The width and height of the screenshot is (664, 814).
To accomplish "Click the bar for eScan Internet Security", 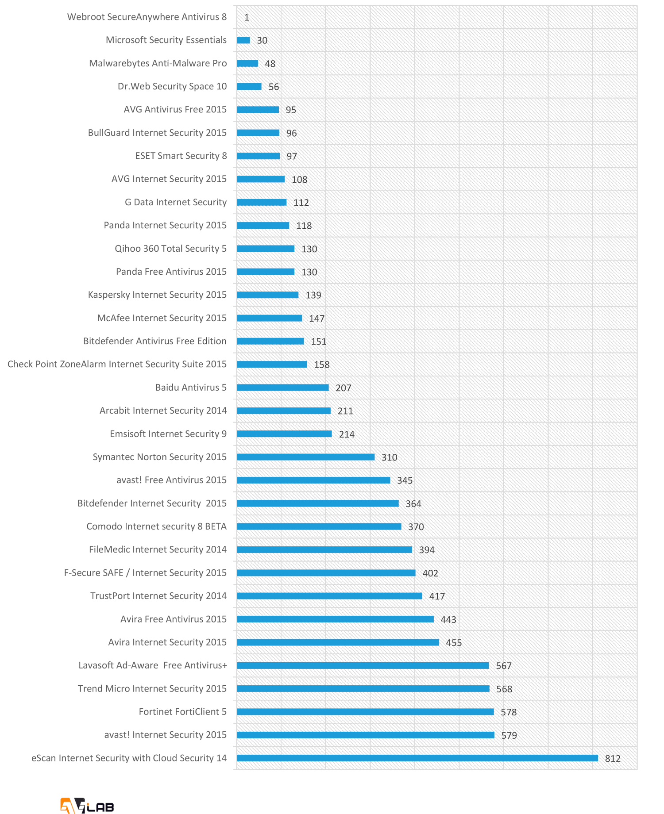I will coord(417,758).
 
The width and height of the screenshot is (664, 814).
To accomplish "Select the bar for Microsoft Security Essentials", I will coord(243,40).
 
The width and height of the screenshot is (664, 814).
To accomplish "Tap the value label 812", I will coord(613,758).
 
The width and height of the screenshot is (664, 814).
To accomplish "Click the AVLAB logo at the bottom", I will coord(87,805).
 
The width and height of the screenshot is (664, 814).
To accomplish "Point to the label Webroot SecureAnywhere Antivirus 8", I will coord(147,17).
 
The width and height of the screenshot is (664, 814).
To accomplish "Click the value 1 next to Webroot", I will coord(247,17).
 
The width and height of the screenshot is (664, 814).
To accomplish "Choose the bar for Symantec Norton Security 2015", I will coord(305,457).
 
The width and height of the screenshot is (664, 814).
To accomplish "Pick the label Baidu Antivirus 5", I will coord(191,388).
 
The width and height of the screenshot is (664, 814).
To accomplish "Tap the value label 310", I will coord(389,457).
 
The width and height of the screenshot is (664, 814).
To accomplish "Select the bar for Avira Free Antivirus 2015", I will coord(335,619).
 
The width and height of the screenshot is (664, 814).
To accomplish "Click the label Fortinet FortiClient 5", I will coord(182,711).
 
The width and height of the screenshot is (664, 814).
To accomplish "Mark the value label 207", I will coord(343,388).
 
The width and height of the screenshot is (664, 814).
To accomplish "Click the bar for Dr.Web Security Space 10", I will coord(249,86).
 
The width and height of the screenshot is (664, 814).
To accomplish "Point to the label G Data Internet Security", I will coord(176,202).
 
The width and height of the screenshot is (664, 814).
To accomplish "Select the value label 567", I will coord(504,666).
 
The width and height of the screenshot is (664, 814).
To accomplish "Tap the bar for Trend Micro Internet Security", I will coord(363,688).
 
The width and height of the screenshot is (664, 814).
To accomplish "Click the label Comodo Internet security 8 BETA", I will coord(156,526).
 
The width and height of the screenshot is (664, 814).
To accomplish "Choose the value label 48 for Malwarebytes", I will coord(270,64).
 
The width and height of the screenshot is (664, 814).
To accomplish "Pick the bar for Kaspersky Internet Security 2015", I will coord(267,295).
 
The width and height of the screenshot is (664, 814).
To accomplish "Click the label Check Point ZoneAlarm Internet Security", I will coord(117,364).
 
